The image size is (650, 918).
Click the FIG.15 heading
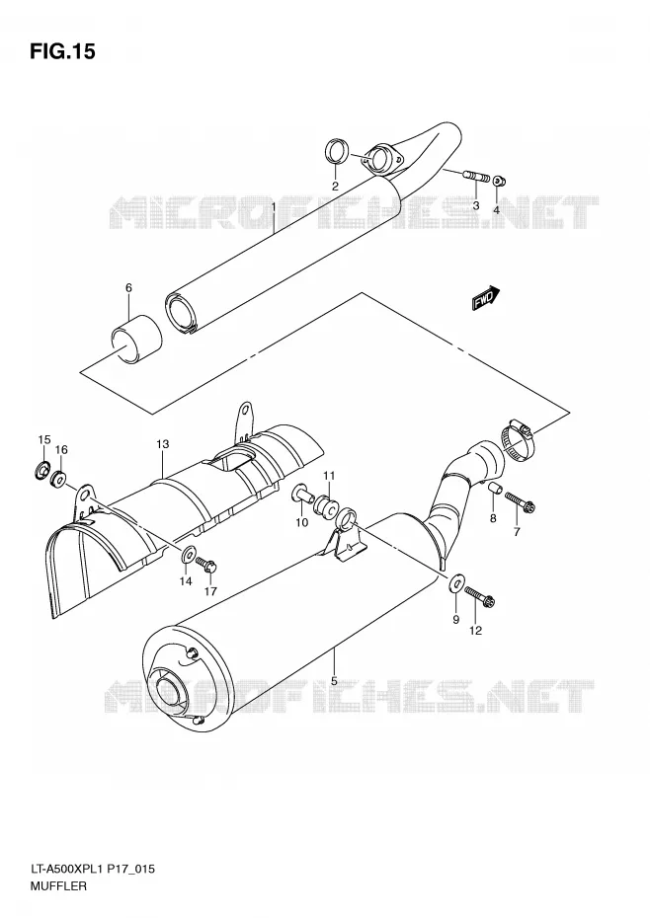[x=61, y=52]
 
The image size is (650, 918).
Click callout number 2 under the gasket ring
[x=335, y=187]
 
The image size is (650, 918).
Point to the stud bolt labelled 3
[x=476, y=176]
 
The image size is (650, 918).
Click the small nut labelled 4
[x=498, y=181]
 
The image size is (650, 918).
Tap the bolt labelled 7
[x=521, y=502]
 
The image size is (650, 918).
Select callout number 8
[x=493, y=518]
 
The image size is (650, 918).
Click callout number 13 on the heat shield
[x=162, y=444]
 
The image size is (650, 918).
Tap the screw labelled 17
[x=206, y=565]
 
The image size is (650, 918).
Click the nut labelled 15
[x=42, y=469]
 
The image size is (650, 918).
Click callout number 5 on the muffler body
[x=334, y=681]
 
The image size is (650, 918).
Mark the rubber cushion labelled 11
[x=325, y=506]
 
